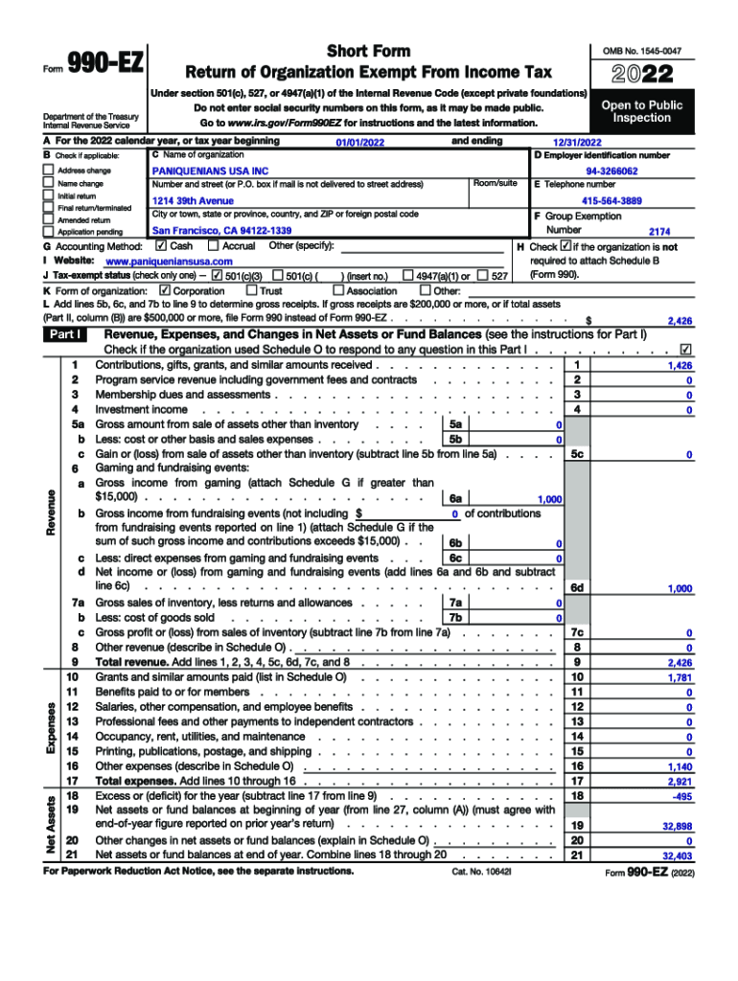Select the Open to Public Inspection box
point(641,111)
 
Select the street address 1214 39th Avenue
point(193,201)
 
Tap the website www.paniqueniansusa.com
point(169,262)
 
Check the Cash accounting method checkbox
point(160,246)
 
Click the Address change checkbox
point(49,170)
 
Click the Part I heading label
point(66,334)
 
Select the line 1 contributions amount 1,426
point(680,366)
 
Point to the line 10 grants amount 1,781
point(680,677)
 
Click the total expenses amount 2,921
point(680,782)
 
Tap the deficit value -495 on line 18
point(681,797)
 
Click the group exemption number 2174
point(659,232)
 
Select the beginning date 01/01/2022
point(359,142)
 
